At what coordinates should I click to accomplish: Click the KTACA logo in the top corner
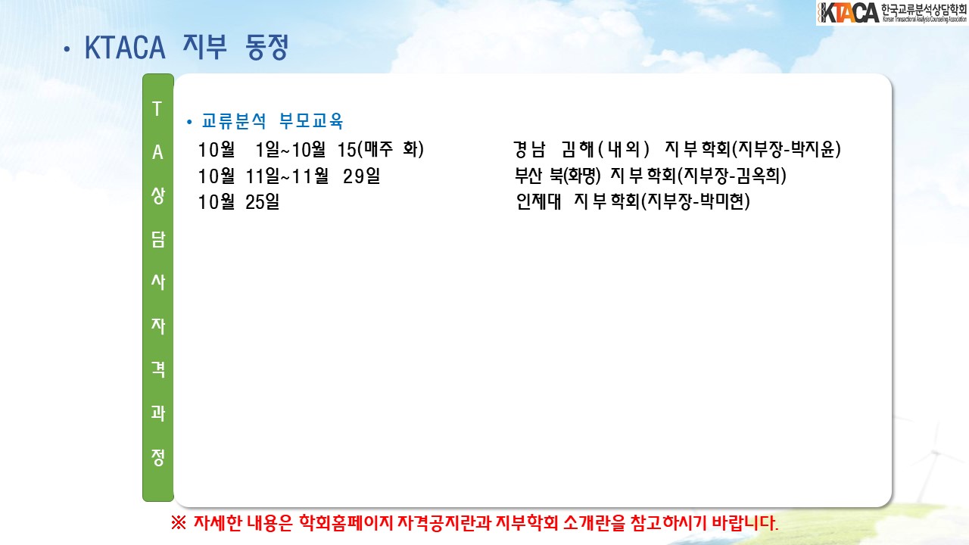click(893, 13)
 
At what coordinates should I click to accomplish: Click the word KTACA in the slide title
click(125, 48)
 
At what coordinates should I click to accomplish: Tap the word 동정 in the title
click(266, 47)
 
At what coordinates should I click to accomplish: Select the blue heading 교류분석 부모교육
click(272, 120)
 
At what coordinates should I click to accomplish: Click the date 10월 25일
click(238, 202)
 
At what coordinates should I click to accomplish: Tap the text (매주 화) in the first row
click(391, 149)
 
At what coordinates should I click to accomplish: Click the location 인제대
click(538, 201)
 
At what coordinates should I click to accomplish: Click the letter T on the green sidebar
click(157, 108)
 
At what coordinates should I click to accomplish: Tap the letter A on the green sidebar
click(157, 152)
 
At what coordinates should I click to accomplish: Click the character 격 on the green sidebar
click(158, 369)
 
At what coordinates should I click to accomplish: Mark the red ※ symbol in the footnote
click(178, 523)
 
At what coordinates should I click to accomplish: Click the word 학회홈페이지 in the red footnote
click(346, 523)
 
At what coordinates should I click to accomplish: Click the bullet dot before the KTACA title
click(67, 49)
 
